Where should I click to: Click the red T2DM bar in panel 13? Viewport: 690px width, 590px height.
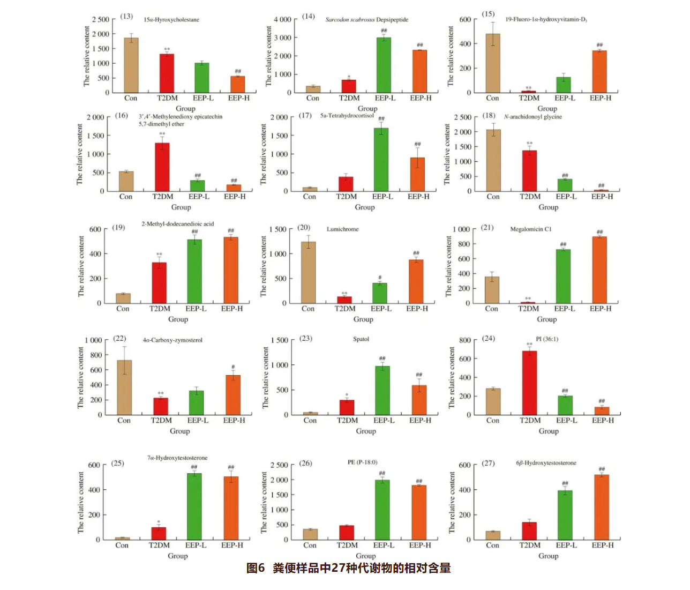(167, 73)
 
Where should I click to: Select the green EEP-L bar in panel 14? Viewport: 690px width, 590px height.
(384, 65)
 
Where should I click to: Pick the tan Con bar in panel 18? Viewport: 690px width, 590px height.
(493, 160)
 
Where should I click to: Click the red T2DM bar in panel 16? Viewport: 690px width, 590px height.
(162, 167)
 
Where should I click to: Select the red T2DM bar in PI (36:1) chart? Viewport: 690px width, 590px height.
(529, 383)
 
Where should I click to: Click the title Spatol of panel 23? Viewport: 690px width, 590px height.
(361, 339)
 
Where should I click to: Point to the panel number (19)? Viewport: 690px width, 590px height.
(118, 227)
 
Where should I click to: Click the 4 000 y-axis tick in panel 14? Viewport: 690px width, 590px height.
(282, 19)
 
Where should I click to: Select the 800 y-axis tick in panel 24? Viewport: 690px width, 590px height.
(464, 340)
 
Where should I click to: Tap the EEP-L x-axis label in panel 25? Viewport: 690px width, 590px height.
(196, 545)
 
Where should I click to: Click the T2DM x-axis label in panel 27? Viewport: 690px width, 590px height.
(530, 545)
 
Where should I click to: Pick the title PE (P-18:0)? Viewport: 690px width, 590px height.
(362, 462)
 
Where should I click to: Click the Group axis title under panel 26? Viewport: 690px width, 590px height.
(366, 556)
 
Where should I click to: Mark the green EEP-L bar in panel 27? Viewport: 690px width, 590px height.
(565, 514)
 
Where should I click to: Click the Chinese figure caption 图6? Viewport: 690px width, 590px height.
(256, 568)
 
